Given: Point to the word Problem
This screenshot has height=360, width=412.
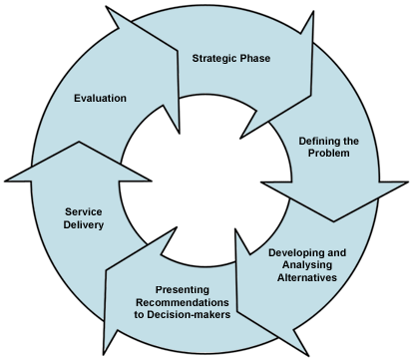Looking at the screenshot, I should coord(329,156).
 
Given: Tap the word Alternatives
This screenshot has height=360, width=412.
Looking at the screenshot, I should coord(309,278).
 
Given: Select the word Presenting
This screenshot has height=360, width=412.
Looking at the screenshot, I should coord(182,287).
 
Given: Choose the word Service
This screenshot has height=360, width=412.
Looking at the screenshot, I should coord(85,211).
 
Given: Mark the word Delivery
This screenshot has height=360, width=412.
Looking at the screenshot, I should coord(85,225).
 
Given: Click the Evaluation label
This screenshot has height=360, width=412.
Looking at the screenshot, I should coord(101,99).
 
